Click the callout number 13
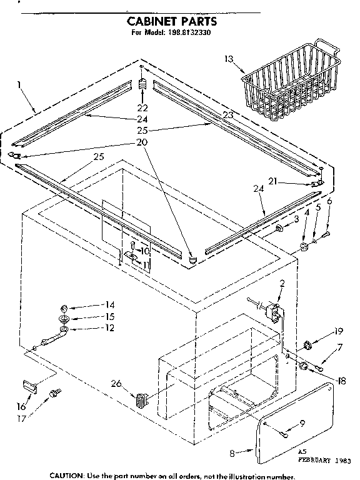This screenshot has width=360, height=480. point(229,59)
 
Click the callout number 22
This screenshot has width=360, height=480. point(143,107)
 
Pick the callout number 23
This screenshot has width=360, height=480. point(227,115)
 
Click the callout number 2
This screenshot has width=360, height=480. point(282,284)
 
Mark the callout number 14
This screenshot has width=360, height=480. point(109,304)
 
